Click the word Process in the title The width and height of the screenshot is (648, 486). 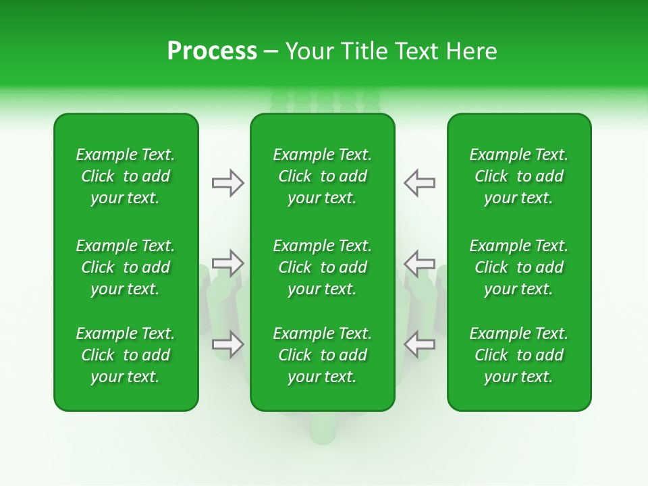click(212, 51)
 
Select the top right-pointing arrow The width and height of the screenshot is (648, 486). click(227, 183)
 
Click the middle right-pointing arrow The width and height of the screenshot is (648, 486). click(227, 263)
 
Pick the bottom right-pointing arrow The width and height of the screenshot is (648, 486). click(227, 344)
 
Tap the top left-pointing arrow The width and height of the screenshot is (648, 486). click(420, 183)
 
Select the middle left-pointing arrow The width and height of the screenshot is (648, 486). click(420, 263)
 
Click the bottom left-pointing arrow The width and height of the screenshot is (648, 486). click(420, 344)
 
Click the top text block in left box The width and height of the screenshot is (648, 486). click(126, 176)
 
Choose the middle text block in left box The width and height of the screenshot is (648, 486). click(126, 267)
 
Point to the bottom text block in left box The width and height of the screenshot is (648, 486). click(126, 355)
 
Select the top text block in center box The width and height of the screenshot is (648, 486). click(323, 176)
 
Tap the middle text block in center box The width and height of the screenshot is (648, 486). click(323, 267)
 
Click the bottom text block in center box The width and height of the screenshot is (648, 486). click(323, 355)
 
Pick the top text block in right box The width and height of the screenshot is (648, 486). click(519, 176)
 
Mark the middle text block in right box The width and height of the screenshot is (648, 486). click(519, 267)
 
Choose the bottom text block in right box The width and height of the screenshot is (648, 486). click(519, 355)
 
